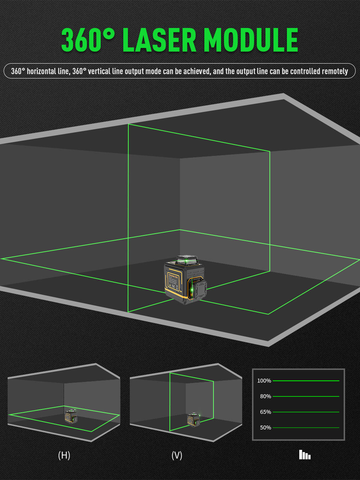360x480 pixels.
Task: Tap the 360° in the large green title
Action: coord(88,40)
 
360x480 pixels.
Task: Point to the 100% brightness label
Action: coord(264,381)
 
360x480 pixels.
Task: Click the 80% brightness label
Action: coord(265,396)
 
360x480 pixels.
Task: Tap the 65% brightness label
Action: coord(265,412)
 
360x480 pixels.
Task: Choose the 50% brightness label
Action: coord(265,428)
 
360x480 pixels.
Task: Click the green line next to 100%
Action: coord(306,381)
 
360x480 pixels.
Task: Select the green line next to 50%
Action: coord(306,428)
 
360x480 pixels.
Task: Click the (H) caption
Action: coord(64,455)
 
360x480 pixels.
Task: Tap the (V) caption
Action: coord(177,455)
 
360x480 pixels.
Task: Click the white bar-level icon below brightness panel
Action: coord(305,455)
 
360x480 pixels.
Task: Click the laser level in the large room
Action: coord(185,280)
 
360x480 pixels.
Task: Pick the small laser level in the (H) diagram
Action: coord(71,416)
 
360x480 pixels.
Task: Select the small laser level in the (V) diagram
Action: coord(194,420)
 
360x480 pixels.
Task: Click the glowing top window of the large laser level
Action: coord(187,260)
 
